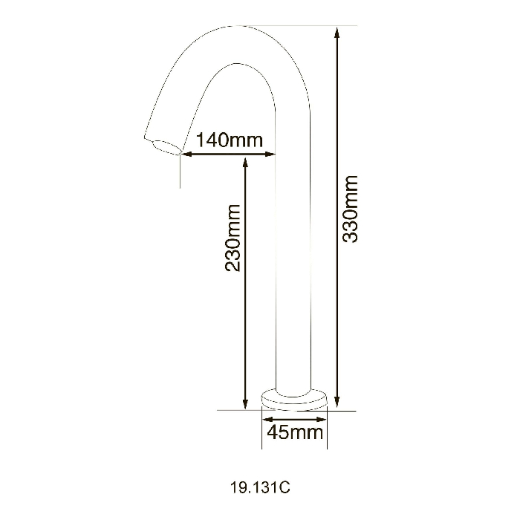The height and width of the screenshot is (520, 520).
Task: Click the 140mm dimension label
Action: tap(230, 140)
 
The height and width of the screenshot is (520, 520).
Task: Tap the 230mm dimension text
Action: tap(233, 238)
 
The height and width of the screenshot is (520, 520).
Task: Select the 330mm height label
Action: tap(350, 209)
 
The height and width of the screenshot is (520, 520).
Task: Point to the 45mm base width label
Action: tap(295, 432)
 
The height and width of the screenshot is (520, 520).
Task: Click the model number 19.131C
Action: tap(260, 487)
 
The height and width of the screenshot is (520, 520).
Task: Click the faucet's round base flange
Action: tap(294, 400)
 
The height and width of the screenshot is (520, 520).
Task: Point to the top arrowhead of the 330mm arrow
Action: tap(337, 33)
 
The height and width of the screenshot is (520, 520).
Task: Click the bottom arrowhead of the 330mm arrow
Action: tap(337, 402)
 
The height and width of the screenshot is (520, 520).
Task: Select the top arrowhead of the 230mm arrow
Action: tap(245, 164)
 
